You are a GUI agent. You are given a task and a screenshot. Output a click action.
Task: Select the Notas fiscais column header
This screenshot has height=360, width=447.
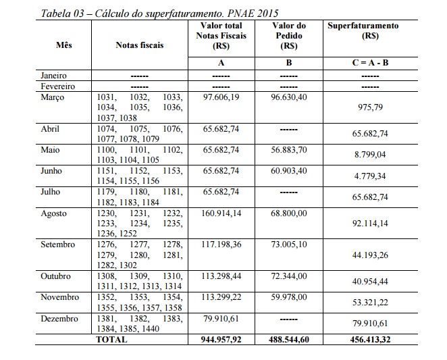pos(140,46)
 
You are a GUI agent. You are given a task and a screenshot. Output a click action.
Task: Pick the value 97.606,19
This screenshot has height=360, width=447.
pos(221,97)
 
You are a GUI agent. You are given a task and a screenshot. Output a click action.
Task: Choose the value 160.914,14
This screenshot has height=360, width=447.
pos(221,213)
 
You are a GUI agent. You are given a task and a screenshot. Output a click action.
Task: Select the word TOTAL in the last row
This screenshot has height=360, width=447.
pos(111,340)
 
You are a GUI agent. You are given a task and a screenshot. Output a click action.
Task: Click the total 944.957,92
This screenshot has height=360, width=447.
pos(221,340)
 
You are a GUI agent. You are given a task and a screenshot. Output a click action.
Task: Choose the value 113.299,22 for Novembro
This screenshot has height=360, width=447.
pos(221,297)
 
